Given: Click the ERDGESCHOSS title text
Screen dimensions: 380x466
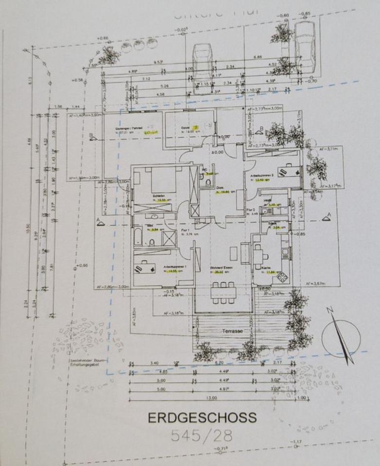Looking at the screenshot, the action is [202, 417].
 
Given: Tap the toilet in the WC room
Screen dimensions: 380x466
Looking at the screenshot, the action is [208, 182].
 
